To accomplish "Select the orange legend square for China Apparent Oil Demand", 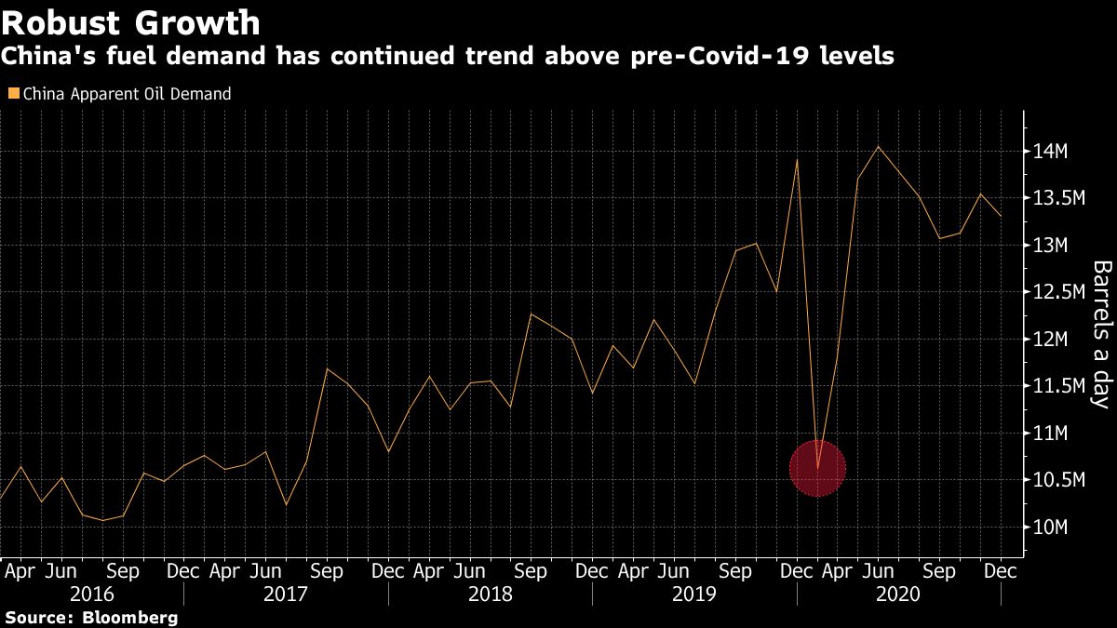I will click(12, 94).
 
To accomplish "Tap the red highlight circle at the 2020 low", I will click(817, 469).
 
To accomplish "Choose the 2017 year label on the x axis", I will click(286, 595).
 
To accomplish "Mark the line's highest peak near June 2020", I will click(878, 146).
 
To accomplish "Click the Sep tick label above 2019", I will click(735, 570).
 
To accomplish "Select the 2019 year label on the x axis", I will click(693, 595).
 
